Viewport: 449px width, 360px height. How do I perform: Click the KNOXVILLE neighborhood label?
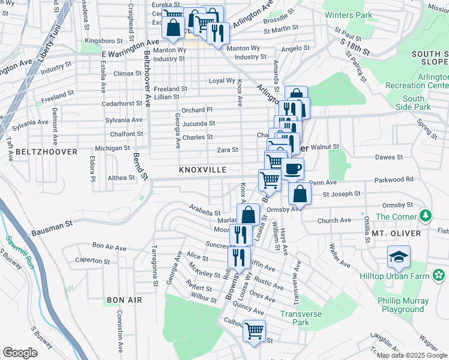(x=202, y=170)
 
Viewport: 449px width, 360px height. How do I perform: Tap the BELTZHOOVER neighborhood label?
(x=47, y=152)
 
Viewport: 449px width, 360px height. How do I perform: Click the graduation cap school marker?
(x=399, y=257)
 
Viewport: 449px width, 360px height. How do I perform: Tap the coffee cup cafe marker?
(x=292, y=170)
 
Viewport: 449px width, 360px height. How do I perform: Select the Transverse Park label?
(x=301, y=318)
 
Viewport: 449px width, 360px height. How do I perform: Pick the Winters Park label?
(x=346, y=14)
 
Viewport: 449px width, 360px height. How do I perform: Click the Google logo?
(x=19, y=353)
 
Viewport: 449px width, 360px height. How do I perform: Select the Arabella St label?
(x=206, y=212)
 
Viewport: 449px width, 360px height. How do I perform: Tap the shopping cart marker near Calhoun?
(x=255, y=331)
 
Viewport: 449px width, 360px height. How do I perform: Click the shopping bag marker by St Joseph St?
(x=300, y=194)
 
